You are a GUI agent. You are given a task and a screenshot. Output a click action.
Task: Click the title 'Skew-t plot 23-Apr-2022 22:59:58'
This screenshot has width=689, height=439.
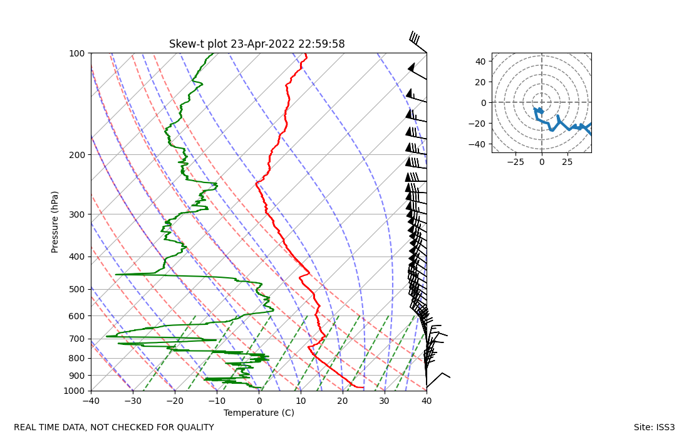coord(257,44)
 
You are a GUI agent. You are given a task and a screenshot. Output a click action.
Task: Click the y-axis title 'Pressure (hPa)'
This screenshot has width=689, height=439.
coord(55,222)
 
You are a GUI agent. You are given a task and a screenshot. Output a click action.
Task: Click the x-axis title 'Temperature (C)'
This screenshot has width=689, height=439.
coord(259,413)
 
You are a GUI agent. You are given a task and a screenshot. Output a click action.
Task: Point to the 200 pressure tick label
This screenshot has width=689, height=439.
coord(78,155)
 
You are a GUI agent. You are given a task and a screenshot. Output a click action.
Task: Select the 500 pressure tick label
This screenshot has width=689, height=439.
coord(78,289)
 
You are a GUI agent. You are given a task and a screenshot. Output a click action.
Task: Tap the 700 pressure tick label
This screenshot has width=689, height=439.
coord(78,339)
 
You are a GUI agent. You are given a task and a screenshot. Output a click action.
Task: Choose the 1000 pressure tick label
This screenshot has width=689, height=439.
coord(75,391)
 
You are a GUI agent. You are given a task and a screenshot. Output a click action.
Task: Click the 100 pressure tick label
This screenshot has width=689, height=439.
coord(78,53)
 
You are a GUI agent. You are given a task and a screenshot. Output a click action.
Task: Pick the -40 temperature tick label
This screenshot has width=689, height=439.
coord(91,401)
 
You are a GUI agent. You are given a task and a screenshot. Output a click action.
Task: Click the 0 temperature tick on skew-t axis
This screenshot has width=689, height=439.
coord(259,401)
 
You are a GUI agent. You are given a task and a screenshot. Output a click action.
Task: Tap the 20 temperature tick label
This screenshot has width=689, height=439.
coord(343,401)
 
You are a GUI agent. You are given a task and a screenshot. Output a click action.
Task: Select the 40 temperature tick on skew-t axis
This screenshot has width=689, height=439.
coord(427,401)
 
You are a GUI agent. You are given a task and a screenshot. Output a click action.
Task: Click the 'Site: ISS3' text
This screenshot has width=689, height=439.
coord(654,428)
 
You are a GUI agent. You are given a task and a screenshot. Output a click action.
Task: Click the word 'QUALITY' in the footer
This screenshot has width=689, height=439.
coord(194,428)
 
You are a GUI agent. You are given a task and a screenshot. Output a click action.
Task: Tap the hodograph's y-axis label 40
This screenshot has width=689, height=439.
coord(481,61)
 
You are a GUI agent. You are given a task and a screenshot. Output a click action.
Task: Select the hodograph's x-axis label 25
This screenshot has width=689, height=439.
coord(568,162)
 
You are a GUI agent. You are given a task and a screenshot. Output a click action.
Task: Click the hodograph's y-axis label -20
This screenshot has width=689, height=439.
coord(479,124)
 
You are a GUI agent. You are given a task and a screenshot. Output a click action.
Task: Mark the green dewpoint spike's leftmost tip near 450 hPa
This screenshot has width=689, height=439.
coord(117,274)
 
